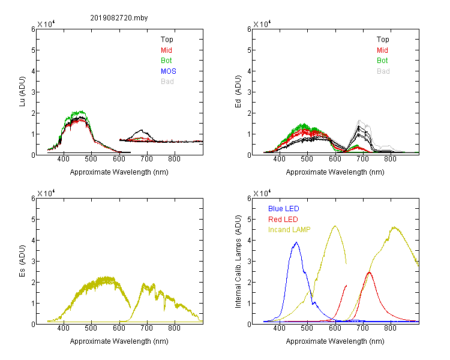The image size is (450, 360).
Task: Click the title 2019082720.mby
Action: [x=119, y=18]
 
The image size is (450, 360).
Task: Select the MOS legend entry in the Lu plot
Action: [x=169, y=71]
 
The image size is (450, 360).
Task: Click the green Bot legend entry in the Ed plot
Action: [x=382, y=61]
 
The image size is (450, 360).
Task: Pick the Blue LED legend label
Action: [x=284, y=209]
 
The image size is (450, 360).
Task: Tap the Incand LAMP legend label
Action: [x=289, y=230]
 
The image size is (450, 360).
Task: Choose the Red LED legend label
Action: [x=283, y=220]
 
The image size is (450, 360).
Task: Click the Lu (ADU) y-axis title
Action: [x=22, y=92]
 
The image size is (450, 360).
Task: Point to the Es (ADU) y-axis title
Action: [x=22, y=260]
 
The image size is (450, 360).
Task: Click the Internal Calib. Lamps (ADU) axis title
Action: [x=238, y=262]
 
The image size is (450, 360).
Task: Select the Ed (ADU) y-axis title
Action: [x=238, y=92]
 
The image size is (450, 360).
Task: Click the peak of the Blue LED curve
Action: [x=296, y=242]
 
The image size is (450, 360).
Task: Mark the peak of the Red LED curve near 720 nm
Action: [x=369, y=272]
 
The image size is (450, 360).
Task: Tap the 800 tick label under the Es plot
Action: [x=174, y=328]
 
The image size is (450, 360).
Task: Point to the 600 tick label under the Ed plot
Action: [x=335, y=159]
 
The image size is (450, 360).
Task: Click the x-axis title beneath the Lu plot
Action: [x=119, y=172]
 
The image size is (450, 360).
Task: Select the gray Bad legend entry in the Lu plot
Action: [x=167, y=82]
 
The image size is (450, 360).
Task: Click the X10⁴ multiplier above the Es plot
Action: [x=46, y=193]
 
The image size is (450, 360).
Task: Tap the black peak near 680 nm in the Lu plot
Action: [x=141, y=130]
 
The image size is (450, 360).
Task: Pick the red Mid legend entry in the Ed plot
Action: [x=382, y=50]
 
